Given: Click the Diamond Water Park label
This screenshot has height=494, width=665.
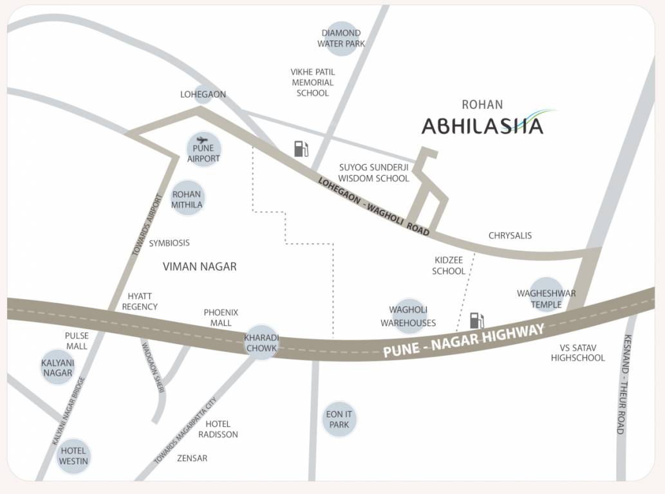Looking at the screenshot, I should click(341, 38).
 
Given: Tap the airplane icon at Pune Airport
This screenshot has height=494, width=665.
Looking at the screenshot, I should click(203, 140).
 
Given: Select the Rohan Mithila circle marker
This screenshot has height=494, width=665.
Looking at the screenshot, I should click(186, 199).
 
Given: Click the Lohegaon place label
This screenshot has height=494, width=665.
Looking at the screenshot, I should click(203, 95).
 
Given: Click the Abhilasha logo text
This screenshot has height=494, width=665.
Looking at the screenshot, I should click(482, 125).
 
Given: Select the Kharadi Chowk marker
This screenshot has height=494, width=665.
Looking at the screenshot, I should click(261, 343).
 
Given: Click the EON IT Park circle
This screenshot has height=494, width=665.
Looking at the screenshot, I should click(339, 419).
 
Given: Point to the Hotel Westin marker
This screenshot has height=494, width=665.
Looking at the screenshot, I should click(73, 456).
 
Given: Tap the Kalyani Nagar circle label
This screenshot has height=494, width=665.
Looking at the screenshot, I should click(58, 367).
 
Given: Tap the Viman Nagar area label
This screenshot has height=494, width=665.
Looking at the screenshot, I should click(200, 266).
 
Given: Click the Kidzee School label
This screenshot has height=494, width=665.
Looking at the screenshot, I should click(449, 265).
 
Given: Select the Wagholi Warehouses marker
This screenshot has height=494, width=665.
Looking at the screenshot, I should click(408, 316).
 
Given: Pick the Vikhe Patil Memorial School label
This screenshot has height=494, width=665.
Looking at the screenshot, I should click(313, 82).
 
